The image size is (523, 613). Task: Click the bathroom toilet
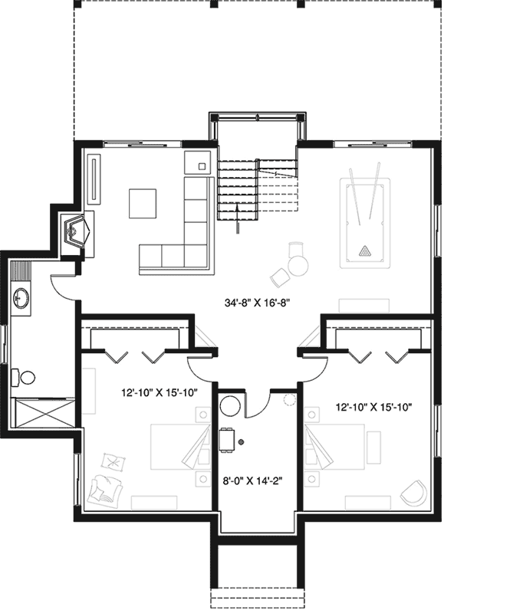[26, 378]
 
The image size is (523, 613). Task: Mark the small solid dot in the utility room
[240, 442]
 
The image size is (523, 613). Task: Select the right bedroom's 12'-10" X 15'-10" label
[374, 407]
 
